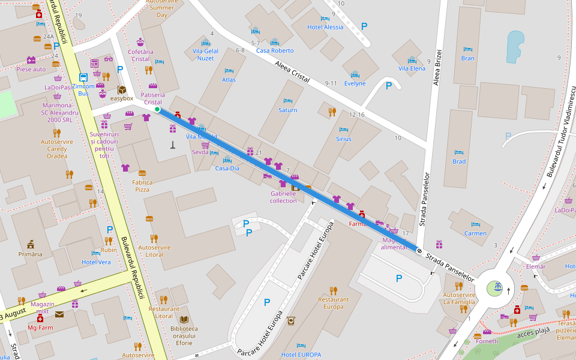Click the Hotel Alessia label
[325, 27]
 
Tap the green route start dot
[157, 110]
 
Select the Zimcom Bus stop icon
[83, 77]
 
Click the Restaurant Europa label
[334, 303]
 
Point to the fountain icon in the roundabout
[497, 287]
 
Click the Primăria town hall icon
[31, 244]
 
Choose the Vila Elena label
[412, 68]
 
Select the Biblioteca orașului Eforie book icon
[184, 319]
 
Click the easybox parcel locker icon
[122, 90]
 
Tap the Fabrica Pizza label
[142, 185]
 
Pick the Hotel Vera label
[96, 262]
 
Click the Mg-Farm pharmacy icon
[40, 319]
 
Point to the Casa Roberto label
[275, 51]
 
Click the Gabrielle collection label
[283, 197]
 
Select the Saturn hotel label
[288, 110]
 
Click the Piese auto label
[31, 69]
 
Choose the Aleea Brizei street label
[436, 66]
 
